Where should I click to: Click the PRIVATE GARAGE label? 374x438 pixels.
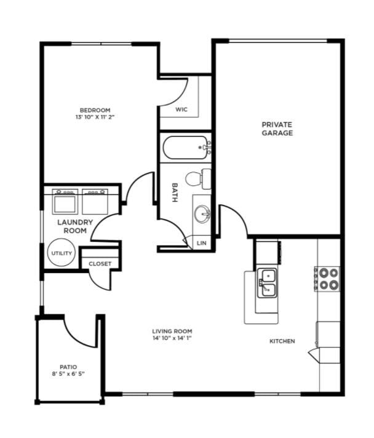[277, 129]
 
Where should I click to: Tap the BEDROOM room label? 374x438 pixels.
[95, 110]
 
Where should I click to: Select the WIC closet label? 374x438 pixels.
[181, 109]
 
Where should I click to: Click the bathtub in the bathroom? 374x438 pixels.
[185, 148]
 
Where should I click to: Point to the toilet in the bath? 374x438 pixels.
[198, 179]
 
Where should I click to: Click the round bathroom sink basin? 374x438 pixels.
[202, 214]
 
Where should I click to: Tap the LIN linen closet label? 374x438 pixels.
[201, 243]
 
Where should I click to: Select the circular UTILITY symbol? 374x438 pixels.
[62, 252]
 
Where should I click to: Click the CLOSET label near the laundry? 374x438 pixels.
[100, 264]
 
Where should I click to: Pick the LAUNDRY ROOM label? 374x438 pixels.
[75, 226]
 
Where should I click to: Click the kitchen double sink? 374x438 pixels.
[268, 283]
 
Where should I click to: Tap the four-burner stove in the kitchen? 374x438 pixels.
[327, 279]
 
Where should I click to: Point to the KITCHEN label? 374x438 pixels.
[282, 341]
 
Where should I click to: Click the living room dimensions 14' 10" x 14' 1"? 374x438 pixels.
[172, 338]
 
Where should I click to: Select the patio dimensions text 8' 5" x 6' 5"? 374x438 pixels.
[68, 374]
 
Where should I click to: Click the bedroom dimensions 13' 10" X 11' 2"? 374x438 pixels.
[95, 117]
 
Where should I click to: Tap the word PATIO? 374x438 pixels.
[68, 367]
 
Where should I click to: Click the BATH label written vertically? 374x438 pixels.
[175, 193]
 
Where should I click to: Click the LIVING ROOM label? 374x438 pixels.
[172, 332]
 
